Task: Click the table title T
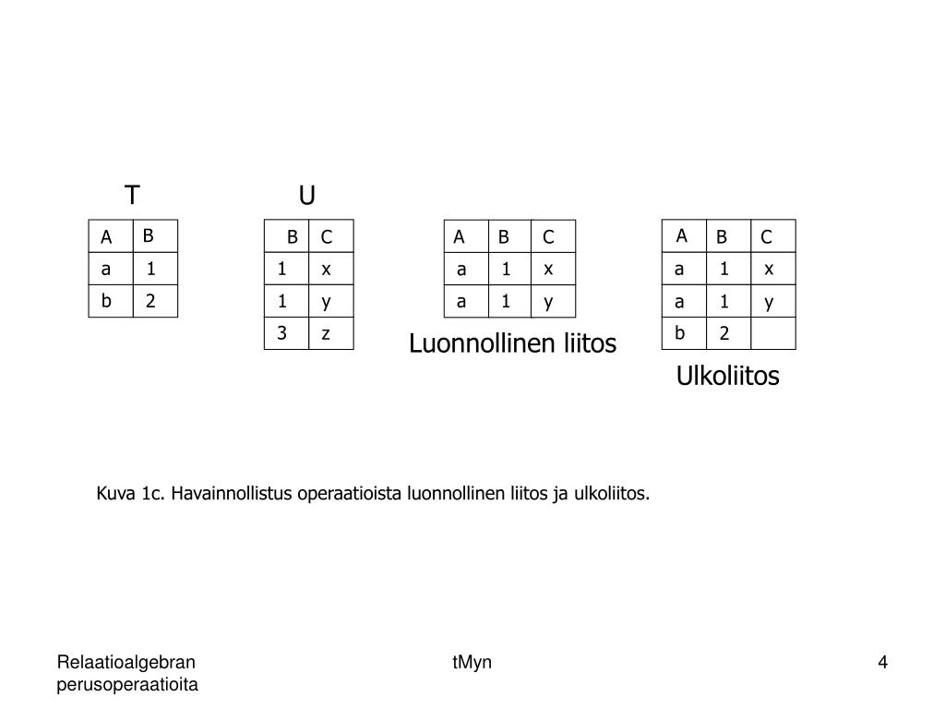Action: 133,196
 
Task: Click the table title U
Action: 307,196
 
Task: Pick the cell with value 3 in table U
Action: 282,333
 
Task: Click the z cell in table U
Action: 326,333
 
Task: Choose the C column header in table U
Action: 326,237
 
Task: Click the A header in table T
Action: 107,237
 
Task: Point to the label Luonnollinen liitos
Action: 512,344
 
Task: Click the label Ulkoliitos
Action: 727,377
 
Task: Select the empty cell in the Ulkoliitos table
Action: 772,333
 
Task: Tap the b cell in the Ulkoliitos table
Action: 680,333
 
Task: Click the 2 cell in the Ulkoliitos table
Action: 724,333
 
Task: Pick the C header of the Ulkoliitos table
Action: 766,237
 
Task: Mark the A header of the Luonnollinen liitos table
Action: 459,237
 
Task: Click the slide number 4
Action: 882,662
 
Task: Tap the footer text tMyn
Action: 472,662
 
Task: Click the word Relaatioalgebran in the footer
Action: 126,662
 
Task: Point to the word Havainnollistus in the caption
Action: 232,494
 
